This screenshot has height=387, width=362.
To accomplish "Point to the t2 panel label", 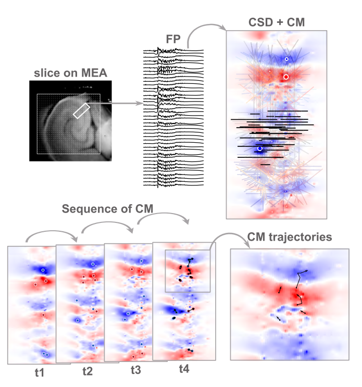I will tap(87, 371).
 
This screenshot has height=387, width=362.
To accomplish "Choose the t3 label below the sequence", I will tap(135, 370).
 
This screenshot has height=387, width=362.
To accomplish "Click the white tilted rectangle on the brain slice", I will tap(81, 110).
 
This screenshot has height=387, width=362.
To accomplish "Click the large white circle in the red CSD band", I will tap(285, 77).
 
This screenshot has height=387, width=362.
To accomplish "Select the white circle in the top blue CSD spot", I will tap(286, 59).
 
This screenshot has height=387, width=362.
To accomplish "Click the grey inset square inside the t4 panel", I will tap(188, 271).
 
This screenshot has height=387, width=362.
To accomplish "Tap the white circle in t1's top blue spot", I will tap(43, 270).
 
